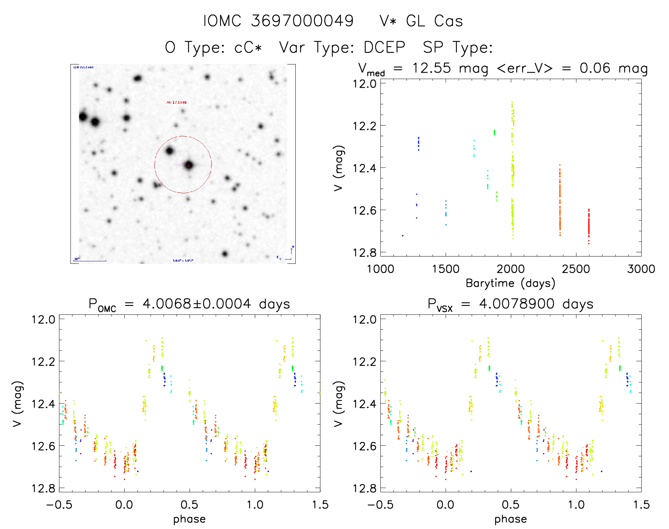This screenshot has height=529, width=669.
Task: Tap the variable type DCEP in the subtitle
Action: tap(384, 47)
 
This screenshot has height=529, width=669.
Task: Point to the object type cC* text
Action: tap(248, 47)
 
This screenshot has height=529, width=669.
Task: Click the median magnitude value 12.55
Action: tap(431, 68)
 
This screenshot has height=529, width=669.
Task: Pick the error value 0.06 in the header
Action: tap(595, 68)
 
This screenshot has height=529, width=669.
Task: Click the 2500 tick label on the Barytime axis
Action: tap(576, 269)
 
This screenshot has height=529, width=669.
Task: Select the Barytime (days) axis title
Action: tap(510, 283)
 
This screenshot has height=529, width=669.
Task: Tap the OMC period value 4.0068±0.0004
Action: tap(197, 304)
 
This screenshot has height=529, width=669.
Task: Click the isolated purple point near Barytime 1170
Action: tap(403, 235)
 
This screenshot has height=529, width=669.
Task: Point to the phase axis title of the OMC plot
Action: tap(189, 519)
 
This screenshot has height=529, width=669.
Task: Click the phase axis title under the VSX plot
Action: tap(510, 519)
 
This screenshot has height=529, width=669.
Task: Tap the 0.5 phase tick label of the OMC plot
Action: tap(189, 505)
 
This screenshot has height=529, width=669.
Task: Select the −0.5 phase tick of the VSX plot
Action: tap(380, 505)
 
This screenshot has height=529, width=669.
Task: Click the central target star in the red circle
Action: tap(188, 165)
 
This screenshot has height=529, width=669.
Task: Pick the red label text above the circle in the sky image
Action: tap(176, 103)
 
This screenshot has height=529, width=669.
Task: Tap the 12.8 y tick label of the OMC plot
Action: tap(43, 489)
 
